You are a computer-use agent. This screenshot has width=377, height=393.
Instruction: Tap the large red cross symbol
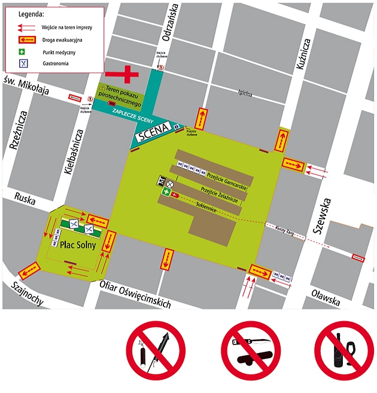click(x=127, y=74)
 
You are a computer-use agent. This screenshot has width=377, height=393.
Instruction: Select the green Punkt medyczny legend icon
click(x=23, y=51)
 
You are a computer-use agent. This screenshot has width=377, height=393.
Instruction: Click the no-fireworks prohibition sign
click(x=155, y=351)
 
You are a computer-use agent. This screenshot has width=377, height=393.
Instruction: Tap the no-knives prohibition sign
click(x=250, y=351)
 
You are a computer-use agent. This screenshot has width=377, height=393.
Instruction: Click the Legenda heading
click(x=31, y=13)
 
